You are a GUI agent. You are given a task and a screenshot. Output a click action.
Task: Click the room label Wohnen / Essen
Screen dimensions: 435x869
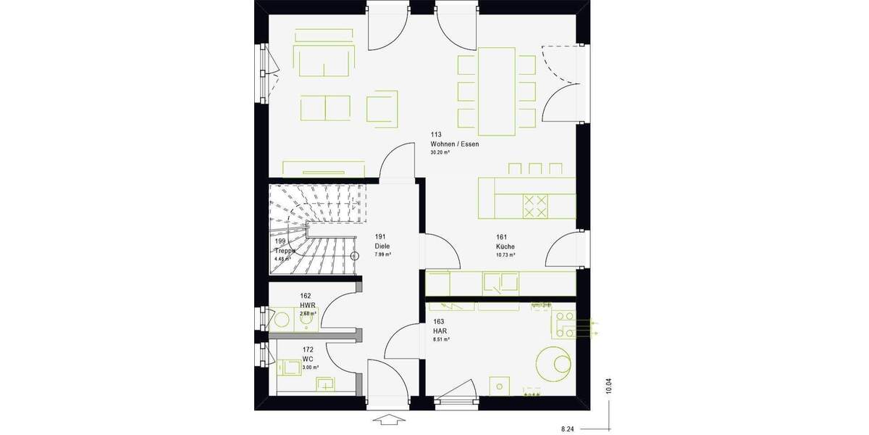point(454,144)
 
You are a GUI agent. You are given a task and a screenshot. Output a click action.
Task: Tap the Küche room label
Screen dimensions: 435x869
point(505,247)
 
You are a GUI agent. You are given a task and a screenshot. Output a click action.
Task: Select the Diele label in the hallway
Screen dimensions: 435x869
point(383,246)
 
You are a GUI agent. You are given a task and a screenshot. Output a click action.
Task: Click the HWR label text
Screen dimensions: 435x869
point(308,305)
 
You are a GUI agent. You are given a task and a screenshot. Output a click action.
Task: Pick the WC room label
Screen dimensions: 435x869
point(308,359)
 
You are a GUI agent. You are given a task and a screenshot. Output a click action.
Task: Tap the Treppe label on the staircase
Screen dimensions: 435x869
point(285,250)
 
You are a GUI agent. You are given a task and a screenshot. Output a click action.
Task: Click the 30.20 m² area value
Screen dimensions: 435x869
point(441,153)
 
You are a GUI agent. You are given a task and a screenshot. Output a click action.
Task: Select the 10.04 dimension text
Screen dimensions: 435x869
point(609,386)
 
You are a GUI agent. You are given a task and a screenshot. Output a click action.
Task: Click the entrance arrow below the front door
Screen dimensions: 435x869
point(389,420)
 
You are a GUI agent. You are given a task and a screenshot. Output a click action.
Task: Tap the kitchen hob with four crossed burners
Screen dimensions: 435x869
point(536,206)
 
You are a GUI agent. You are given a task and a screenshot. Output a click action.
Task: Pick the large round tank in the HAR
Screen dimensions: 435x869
point(555,362)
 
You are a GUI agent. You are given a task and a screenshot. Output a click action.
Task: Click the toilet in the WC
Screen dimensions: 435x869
point(290,368)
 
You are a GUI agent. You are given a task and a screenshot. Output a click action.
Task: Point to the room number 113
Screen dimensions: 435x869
point(436,135)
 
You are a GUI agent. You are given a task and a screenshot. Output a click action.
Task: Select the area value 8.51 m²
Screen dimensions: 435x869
point(440,339)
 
